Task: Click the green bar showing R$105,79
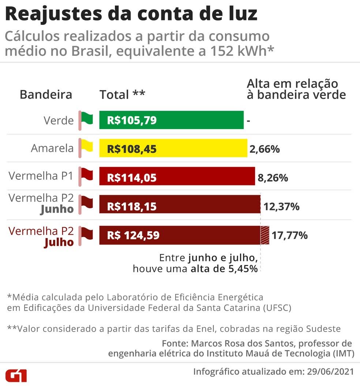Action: [x=171, y=120]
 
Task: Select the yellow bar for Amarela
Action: [x=173, y=148]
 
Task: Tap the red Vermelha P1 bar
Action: [x=177, y=177]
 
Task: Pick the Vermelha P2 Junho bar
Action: [x=180, y=206]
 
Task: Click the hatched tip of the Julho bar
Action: [x=265, y=235]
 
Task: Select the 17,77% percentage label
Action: [x=289, y=235]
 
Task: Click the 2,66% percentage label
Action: [x=265, y=149]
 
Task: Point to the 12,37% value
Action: [x=281, y=207]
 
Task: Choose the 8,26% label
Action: [x=273, y=178]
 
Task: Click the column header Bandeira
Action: [x=46, y=95]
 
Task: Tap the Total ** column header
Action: [x=122, y=95]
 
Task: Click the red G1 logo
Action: [x=16, y=375]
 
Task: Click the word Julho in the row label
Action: [x=59, y=242]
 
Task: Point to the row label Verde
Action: [x=59, y=120]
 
